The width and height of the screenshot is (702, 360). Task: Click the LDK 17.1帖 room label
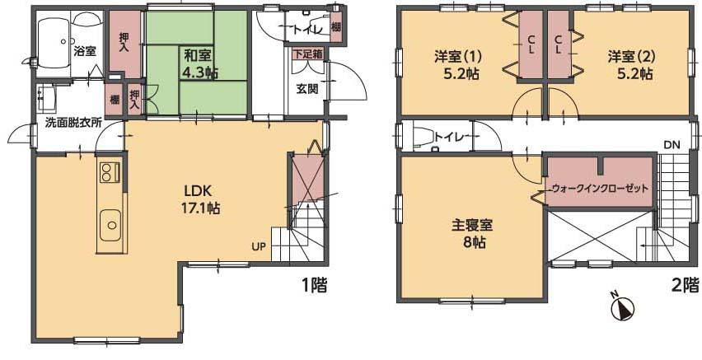click(201, 199)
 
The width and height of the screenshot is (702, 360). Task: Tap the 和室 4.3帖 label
click(200, 64)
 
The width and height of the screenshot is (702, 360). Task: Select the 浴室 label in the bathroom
click(84, 51)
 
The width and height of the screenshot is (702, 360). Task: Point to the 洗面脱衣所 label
click(73, 123)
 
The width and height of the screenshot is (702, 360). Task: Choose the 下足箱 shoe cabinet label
click(307, 54)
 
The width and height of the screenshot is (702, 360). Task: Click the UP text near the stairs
click(260, 245)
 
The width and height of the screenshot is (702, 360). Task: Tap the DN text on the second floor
click(672, 146)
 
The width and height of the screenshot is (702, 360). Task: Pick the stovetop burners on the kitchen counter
click(109, 172)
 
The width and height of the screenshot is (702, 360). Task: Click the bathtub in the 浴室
click(55, 41)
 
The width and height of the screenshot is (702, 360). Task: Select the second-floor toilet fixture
click(420, 137)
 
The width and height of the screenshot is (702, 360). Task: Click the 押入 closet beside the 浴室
click(124, 43)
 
